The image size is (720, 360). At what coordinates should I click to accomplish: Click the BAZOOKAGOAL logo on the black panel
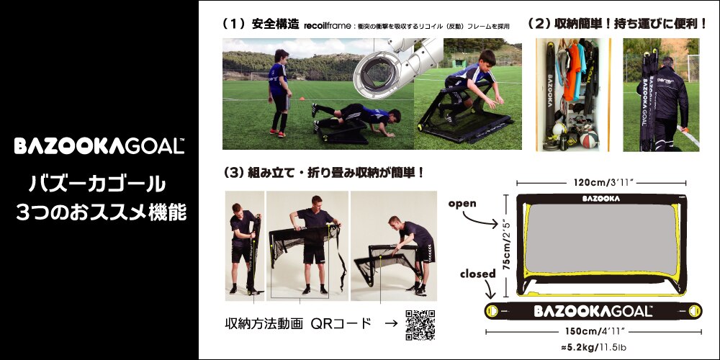coord(99,147)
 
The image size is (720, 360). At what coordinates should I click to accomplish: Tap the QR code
coord(421,325)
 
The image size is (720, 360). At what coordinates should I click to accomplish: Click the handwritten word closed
coord(478,274)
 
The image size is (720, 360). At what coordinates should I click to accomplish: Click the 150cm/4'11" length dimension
coord(593,332)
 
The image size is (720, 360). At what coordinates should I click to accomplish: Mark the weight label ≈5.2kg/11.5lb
coord(593,348)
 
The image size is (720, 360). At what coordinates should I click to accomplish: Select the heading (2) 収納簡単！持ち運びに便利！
coord(618,24)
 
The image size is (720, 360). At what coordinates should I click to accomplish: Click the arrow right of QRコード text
coord(390,324)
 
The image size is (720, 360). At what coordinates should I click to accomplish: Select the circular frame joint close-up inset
coord(381,75)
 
